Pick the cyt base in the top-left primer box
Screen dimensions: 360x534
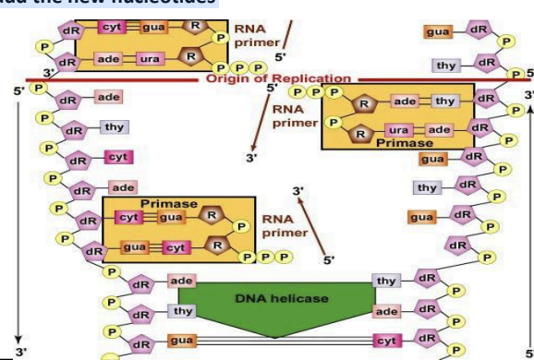(114, 30)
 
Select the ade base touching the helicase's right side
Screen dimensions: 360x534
(388, 312)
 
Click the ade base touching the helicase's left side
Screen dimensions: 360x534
(181, 278)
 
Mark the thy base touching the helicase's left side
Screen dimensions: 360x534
(181, 312)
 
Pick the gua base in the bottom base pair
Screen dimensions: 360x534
(182, 342)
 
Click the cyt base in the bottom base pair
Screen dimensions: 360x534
(387, 342)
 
